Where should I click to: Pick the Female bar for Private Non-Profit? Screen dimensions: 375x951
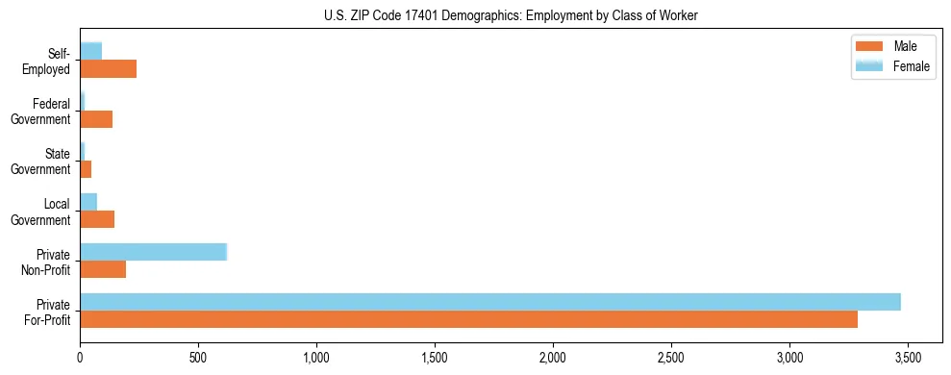tap(153, 252)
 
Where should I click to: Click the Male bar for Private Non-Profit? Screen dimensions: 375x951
tap(103, 268)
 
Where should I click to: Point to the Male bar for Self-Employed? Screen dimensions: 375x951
tap(108, 68)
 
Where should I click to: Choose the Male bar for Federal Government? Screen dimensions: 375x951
tap(96, 118)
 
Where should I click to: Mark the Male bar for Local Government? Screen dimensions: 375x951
tap(97, 218)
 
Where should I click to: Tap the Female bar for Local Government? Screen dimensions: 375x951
tap(88, 202)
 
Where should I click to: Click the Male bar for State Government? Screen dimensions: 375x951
tap(86, 168)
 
